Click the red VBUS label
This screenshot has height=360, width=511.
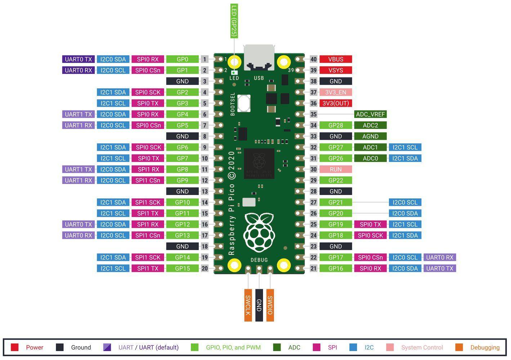[x=335, y=59]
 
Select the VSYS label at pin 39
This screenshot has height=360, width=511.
[x=335, y=70]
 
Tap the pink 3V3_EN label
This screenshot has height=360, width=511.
[x=335, y=93]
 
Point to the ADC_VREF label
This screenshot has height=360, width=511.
[x=370, y=114]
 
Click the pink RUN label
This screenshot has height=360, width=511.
[x=335, y=170]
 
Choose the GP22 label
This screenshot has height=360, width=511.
[x=335, y=180]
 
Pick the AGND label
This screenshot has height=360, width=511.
[x=370, y=136]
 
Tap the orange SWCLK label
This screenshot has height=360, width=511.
[x=248, y=305]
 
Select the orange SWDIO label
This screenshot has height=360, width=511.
[x=270, y=305]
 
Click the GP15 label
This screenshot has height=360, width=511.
[x=182, y=269]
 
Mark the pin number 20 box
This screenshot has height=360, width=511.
[x=205, y=269]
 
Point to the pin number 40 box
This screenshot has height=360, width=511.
[x=313, y=59]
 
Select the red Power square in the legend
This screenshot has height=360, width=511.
[x=15, y=347]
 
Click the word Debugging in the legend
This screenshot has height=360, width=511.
[x=485, y=347]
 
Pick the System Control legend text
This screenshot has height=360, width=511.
[x=422, y=347]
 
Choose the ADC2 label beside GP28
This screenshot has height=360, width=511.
[x=370, y=125]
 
